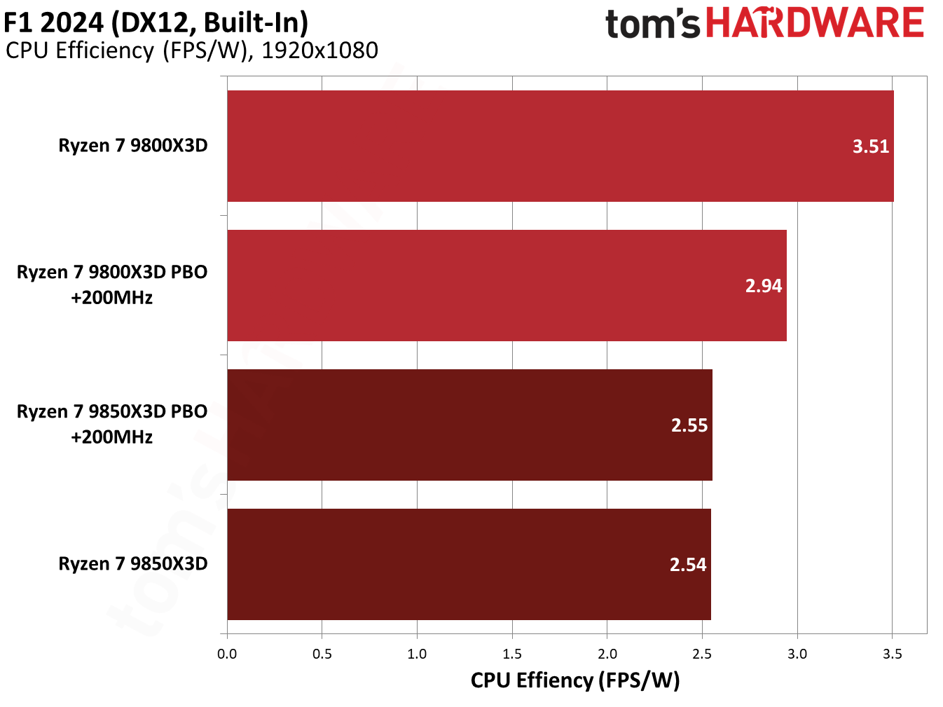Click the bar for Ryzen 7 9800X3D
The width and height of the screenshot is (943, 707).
[x=560, y=146]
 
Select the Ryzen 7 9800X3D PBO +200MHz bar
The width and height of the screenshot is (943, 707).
[x=507, y=285]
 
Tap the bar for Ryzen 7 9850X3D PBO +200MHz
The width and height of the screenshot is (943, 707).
[x=469, y=425]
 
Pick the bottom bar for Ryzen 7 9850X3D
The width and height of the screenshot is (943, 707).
[x=469, y=564]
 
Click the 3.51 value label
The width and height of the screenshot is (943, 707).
[x=870, y=146]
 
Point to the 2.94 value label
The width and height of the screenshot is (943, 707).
[x=763, y=286]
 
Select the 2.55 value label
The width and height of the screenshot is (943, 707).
[x=689, y=425]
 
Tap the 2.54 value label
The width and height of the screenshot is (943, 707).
[x=688, y=565]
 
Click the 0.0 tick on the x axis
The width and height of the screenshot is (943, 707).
[x=227, y=654]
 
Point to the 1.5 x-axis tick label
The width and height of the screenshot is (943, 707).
[x=512, y=654]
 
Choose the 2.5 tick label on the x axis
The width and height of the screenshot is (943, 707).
[x=702, y=654]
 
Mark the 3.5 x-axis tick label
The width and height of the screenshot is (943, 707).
[x=892, y=654]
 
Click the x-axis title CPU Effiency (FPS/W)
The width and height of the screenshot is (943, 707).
[x=575, y=680]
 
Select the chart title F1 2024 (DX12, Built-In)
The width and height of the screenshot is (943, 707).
[x=156, y=22]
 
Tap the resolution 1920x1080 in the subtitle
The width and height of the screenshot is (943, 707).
[x=319, y=50]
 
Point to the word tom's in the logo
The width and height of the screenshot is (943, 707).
[x=652, y=24]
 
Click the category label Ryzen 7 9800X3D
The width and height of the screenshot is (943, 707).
[x=133, y=146]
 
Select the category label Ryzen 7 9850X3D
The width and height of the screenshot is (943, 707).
[x=133, y=564]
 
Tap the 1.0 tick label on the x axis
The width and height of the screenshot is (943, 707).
[x=417, y=654]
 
